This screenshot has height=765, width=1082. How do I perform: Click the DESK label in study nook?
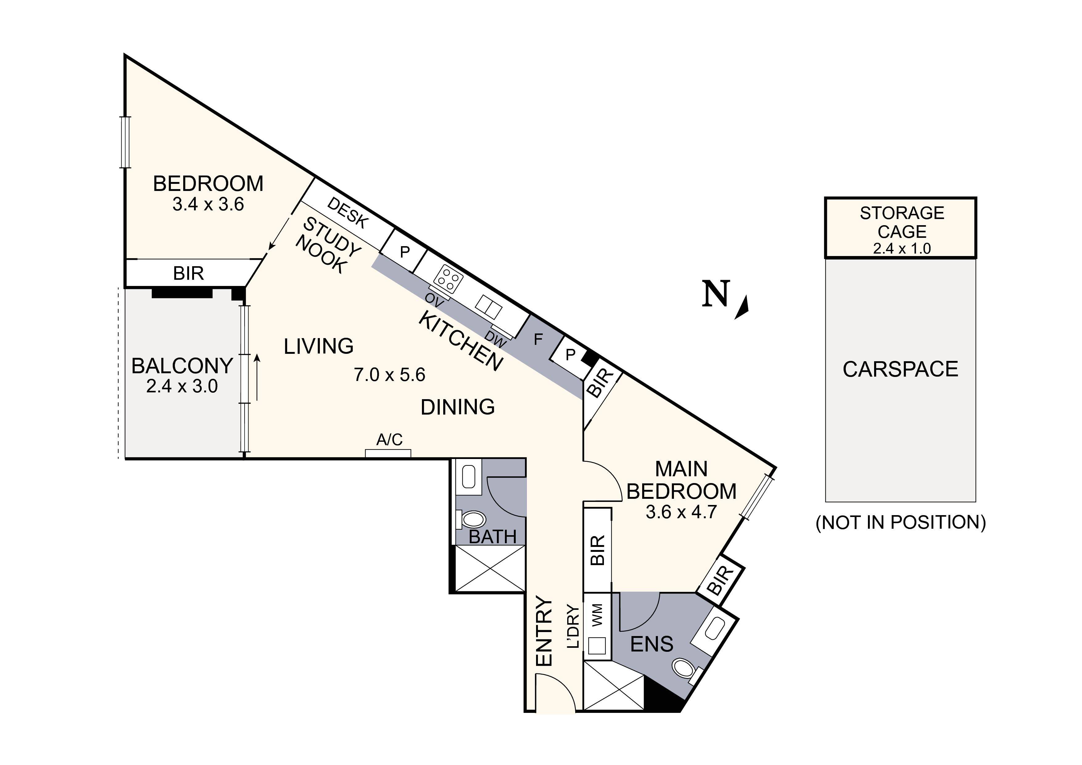(x=347, y=213)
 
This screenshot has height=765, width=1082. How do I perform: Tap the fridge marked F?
(x=538, y=339)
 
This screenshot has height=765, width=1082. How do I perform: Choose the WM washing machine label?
(x=597, y=615)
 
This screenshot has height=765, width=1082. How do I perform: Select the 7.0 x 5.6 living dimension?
(x=389, y=375)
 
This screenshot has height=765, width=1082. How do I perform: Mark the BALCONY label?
(x=182, y=366)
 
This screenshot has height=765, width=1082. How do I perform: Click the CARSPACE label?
(x=900, y=369)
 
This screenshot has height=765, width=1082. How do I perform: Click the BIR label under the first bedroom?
(x=188, y=273)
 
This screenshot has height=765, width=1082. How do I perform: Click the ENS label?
(x=652, y=644)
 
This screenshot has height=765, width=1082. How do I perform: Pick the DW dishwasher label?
(x=495, y=339)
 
